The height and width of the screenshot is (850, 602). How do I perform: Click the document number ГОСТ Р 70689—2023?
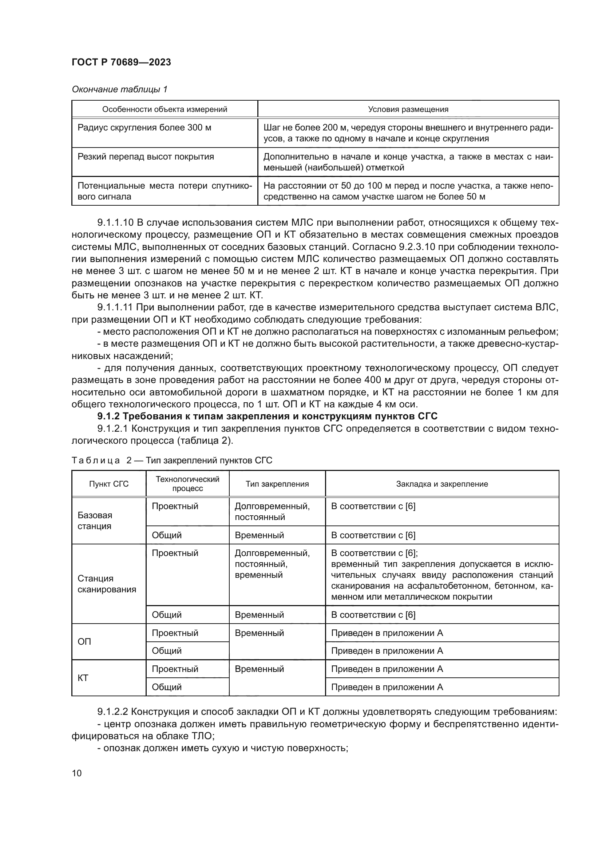pyautogui.click(x=121, y=62)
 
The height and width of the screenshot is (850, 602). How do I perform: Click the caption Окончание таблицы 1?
pyautogui.click(x=119, y=89)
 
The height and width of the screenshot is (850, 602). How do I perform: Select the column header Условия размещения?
pyautogui.click(x=408, y=109)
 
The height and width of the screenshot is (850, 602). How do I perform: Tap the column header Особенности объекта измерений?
pyautogui.click(x=165, y=109)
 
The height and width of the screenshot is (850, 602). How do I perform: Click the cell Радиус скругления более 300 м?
pyautogui.click(x=144, y=128)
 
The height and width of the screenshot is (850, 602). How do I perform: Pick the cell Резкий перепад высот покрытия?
pyautogui.click(x=146, y=157)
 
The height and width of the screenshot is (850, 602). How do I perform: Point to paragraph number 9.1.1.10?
pyautogui.click(x=115, y=222)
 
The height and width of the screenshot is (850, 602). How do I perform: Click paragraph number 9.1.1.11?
pyautogui.click(x=115, y=307)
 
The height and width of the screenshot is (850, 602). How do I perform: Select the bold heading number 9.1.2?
pyautogui.click(x=108, y=416)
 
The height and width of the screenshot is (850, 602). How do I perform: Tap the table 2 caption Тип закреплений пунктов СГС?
pyautogui.click(x=209, y=460)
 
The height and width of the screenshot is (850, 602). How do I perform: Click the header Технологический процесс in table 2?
pyautogui.click(x=187, y=484)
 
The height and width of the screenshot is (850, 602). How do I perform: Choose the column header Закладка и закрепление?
pyautogui.click(x=442, y=484)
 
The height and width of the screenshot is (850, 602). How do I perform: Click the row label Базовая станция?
pyautogui.click(x=95, y=520)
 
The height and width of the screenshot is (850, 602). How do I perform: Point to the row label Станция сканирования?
pyautogui.click(x=106, y=584)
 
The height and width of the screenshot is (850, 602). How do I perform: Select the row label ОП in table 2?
pyautogui.click(x=84, y=641)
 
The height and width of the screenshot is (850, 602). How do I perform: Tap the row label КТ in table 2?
pyautogui.click(x=83, y=678)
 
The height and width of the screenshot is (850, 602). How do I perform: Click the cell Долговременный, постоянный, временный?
pyautogui.click(x=272, y=564)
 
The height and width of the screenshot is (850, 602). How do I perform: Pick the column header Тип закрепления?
pyautogui.click(x=277, y=484)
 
